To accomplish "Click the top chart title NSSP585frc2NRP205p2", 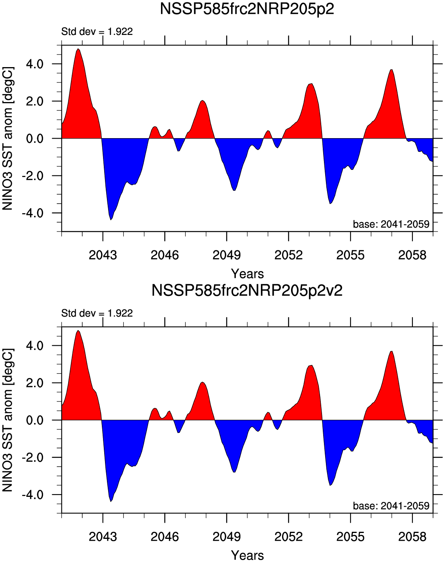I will coord(247,9).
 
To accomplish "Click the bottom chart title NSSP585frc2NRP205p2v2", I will coord(247,291).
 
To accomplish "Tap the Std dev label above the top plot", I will coord(97,31).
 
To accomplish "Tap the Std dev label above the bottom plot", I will coord(97,313).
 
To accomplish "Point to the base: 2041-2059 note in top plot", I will coord(391,224).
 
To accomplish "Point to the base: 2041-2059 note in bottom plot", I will coord(391,506).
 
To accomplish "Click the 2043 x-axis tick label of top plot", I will coord(103,255).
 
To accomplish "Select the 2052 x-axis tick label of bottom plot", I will coord(288,536).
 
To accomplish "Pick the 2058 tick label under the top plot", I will coord(412,255).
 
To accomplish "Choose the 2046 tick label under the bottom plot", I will coord(165,536).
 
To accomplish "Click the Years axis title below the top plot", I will coord(247,274).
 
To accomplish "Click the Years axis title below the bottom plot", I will coord(247,555).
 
